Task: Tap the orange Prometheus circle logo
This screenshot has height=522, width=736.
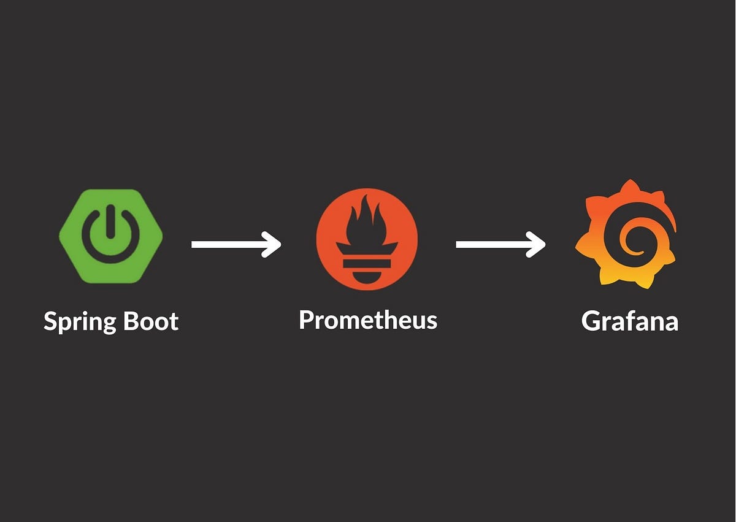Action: click(367, 239)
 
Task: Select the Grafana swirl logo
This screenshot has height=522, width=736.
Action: click(626, 234)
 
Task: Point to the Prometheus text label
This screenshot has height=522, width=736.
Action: click(368, 320)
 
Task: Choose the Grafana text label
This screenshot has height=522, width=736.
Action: click(630, 321)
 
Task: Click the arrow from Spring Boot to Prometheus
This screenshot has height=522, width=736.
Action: click(236, 244)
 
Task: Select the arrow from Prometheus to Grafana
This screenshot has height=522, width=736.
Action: click(500, 244)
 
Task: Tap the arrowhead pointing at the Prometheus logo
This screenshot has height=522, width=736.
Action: click(273, 244)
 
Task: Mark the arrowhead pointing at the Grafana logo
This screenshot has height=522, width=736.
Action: click(537, 244)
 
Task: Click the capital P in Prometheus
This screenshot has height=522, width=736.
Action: click(307, 320)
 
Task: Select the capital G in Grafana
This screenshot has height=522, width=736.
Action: click(591, 321)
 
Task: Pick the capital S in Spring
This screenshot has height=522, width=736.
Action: click(51, 321)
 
